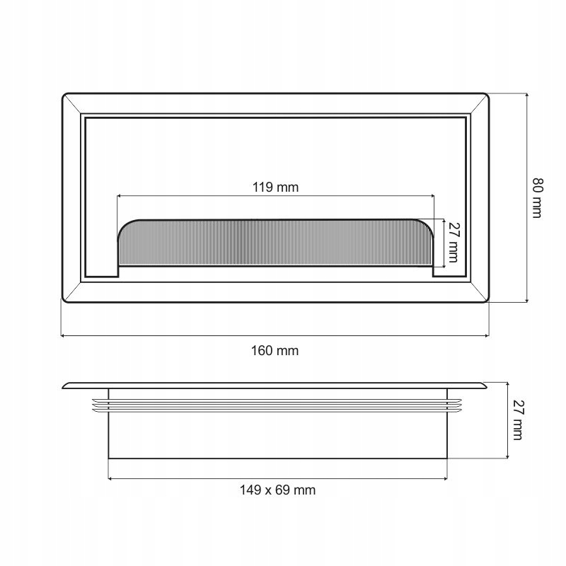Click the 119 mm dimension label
(x=275, y=187)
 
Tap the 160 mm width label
(x=275, y=350)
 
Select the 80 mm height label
(x=538, y=198)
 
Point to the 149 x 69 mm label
(x=277, y=490)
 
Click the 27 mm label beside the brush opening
(x=453, y=242)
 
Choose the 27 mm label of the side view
(x=517, y=420)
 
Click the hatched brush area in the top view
(x=275, y=243)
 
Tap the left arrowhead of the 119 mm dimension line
(x=119, y=196)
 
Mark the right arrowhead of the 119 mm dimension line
(x=432, y=196)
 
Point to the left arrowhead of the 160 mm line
(x=63, y=336)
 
